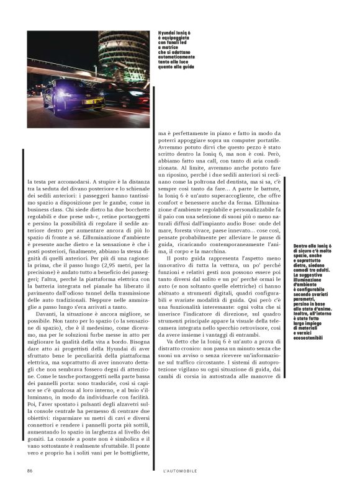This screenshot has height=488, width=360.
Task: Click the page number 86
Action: (x=29, y=471)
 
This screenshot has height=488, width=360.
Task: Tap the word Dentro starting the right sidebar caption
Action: (x=301, y=246)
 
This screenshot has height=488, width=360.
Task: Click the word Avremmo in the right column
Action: (x=173, y=149)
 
